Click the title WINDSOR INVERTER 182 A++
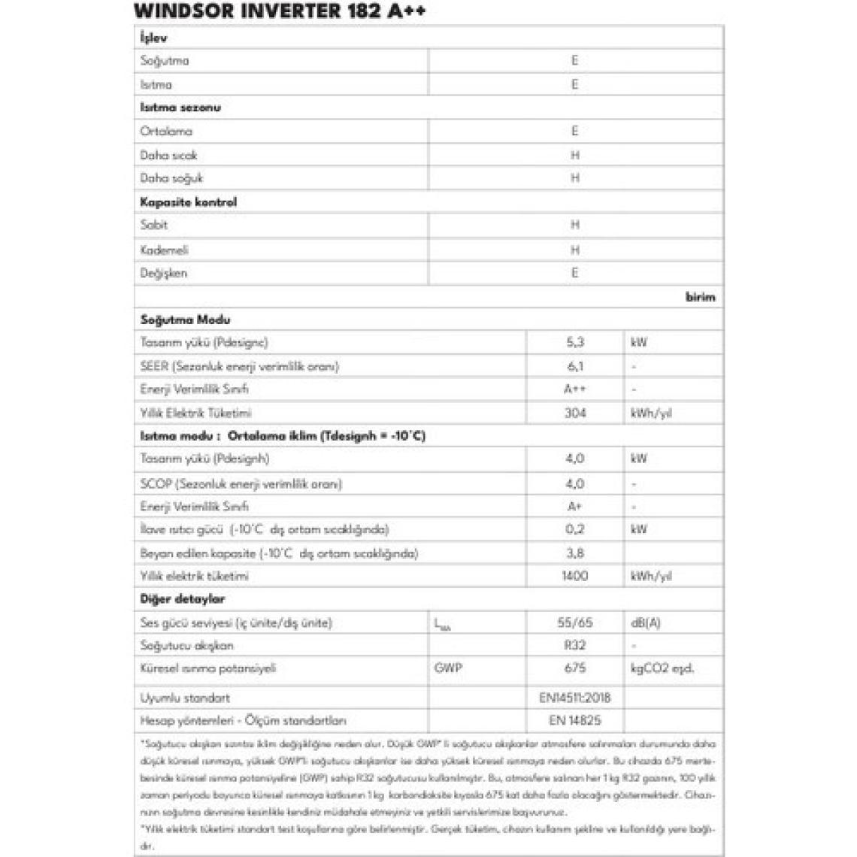tap(280, 11)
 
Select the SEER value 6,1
tap(575, 366)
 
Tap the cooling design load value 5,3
tap(575, 342)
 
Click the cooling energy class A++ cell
tap(575, 389)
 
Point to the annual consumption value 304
tap(575, 413)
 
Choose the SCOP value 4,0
tap(575, 483)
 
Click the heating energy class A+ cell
tap(575, 507)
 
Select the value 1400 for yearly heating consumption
tap(575, 576)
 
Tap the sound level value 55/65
tap(575, 622)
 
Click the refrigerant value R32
tap(575, 645)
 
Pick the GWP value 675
tap(575, 668)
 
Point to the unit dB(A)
tap(646, 622)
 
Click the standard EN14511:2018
tap(575, 698)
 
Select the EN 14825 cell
tap(575, 720)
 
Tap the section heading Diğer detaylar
tap(183, 599)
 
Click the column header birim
tap(700, 297)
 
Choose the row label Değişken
tap(164, 273)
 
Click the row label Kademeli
tap(165, 250)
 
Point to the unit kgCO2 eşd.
tap(662, 668)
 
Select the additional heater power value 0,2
tap(575, 529)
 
